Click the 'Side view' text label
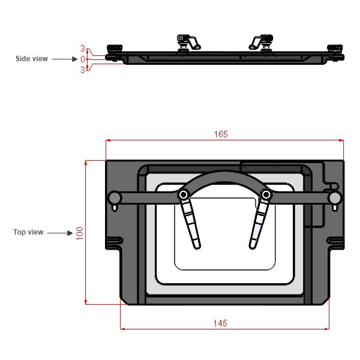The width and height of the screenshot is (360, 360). [31, 59]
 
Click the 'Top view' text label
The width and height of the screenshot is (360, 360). [28, 232]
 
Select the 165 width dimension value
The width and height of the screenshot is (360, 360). [220, 134]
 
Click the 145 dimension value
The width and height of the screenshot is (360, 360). [220, 323]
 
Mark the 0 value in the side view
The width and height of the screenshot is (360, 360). [83, 59]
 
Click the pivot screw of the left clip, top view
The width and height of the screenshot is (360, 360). [184, 194]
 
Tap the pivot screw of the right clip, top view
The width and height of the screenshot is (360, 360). [265, 194]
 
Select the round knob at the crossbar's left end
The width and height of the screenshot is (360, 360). [113, 198]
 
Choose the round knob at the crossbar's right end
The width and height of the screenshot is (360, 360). [335, 198]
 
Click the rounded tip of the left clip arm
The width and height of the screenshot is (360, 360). [197, 244]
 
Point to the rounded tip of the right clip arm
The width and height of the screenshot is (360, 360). [253, 244]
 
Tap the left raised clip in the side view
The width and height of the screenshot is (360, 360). [188, 42]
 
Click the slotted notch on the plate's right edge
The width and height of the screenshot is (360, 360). [336, 242]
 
